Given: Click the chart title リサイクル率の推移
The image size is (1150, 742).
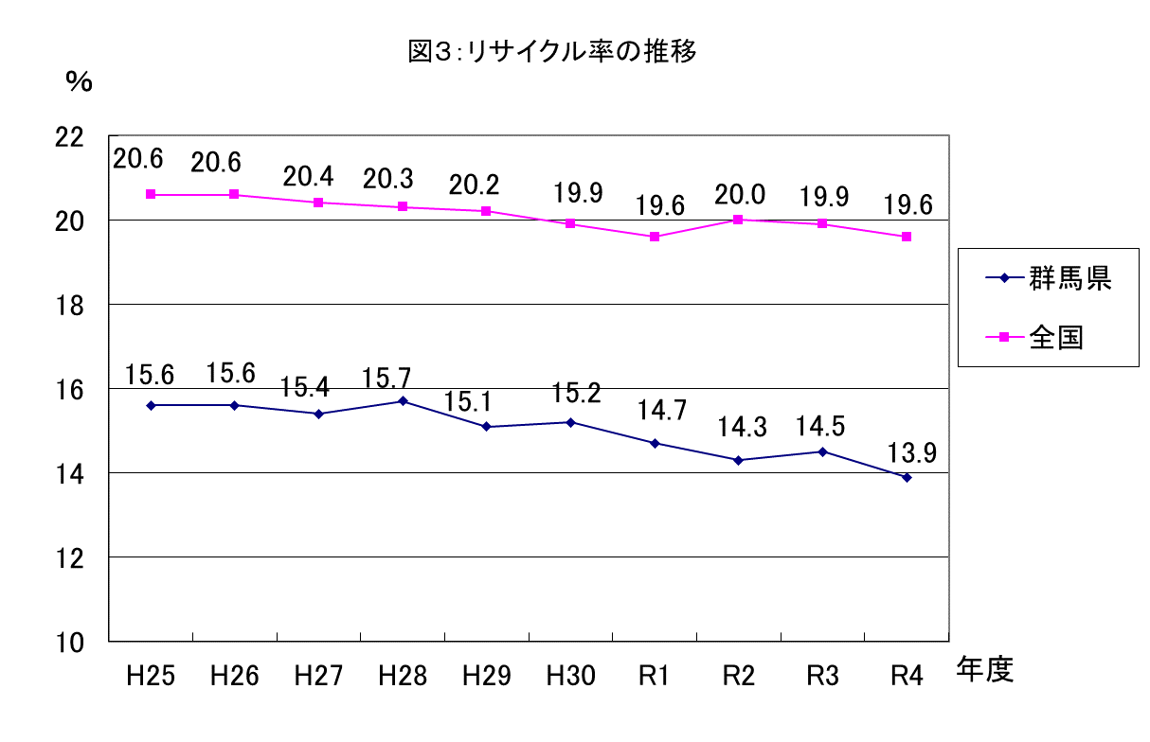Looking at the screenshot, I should pyautogui.click(x=552, y=52).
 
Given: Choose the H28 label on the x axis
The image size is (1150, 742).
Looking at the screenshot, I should pyautogui.click(x=403, y=676).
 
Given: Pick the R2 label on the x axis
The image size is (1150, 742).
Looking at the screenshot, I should pyautogui.click(x=738, y=676).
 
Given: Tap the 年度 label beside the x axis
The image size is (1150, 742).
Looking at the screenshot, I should pyautogui.click(x=985, y=670).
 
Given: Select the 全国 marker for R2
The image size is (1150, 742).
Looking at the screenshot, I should pyautogui.click(x=738, y=220).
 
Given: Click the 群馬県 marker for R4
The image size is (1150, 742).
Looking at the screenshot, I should pyautogui.click(x=907, y=477).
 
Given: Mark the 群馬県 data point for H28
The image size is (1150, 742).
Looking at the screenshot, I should pyautogui.click(x=403, y=401).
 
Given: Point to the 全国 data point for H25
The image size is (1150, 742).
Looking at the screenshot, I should pyautogui.click(x=151, y=195).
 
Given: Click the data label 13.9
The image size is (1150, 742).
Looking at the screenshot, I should pyautogui.click(x=911, y=452).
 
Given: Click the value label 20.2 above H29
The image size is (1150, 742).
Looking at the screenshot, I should pyautogui.click(x=474, y=185).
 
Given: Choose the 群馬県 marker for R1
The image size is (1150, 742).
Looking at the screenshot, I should pyautogui.click(x=655, y=443).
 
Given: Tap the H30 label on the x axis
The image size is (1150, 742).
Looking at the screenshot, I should pyautogui.click(x=571, y=676).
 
